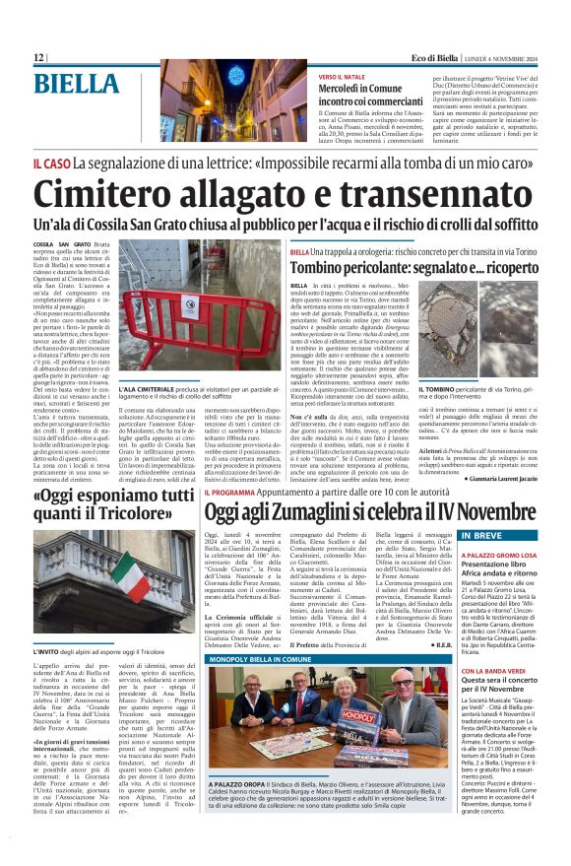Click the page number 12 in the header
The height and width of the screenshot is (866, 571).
38,58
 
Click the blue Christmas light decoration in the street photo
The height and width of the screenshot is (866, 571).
236,77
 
